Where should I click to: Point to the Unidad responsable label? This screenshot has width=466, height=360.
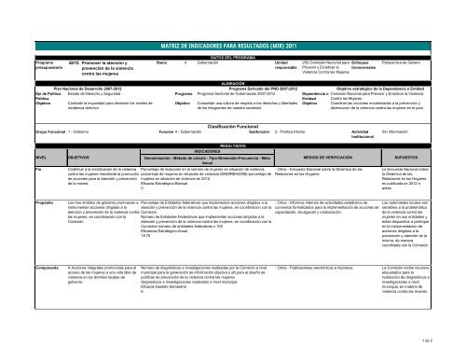(x=286, y=65)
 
